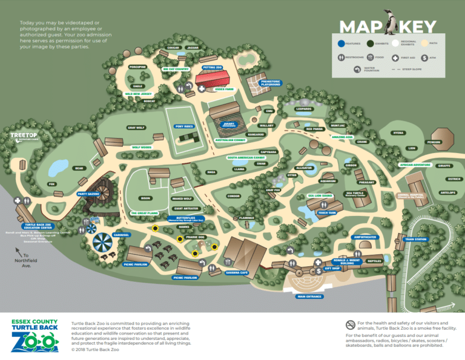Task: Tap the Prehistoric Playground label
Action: [x=270, y=83]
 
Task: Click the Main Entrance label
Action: [x=310, y=296]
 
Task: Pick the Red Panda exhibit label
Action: [x=315, y=128]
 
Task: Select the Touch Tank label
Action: [x=327, y=212]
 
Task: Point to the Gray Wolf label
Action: [x=135, y=128]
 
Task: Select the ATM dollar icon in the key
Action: [x=424, y=57]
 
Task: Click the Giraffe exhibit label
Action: [x=444, y=165]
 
